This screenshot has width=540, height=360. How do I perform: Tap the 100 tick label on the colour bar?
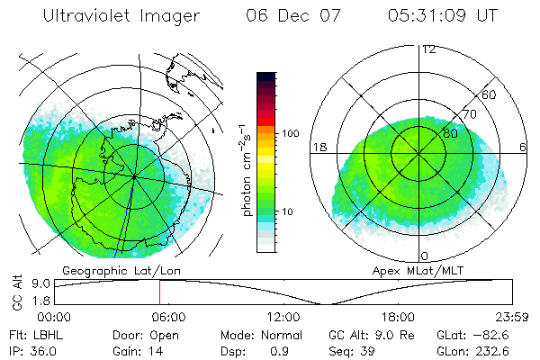291,133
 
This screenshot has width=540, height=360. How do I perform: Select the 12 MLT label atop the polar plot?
428,49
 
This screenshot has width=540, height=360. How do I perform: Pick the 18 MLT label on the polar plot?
319,147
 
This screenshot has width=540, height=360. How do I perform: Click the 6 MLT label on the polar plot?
524,147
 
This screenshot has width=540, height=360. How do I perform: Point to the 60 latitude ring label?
490,95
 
